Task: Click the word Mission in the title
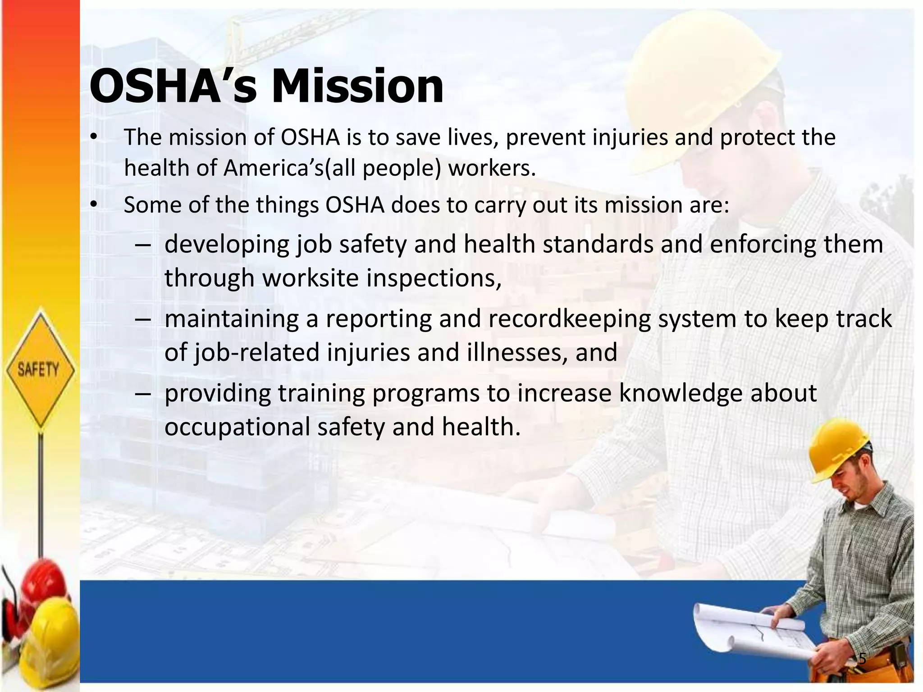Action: click(x=357, y=86)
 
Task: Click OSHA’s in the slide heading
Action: click(x=174, y=86)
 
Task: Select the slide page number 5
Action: click(x=862, y=659)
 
